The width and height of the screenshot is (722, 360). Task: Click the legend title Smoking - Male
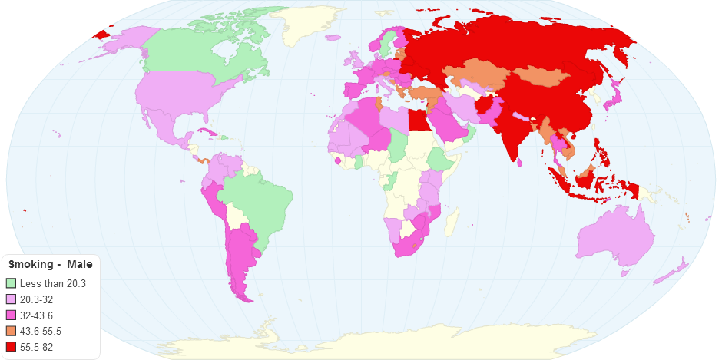[x=50, y=265]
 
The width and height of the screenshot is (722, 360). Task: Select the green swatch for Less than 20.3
[x=11, y=284]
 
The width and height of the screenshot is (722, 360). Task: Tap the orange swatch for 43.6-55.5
[x=11, y=331]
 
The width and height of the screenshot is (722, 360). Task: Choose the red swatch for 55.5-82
[x=11, y=347]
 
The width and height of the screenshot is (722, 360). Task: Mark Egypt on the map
[x=416, y=121]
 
